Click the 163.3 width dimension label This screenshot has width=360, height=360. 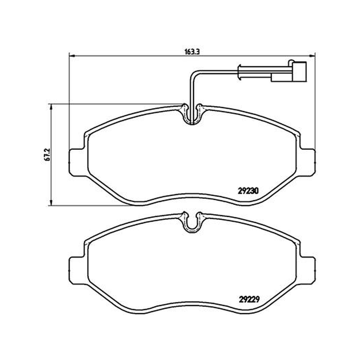click(x=192, y=52)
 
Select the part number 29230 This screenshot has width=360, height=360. click(x=248, y=191)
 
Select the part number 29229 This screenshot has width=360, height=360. click(x=249, y=299)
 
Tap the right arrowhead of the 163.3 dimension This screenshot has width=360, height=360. click(x=312, y=55)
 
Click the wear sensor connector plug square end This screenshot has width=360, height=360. click(x=299, y=72)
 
